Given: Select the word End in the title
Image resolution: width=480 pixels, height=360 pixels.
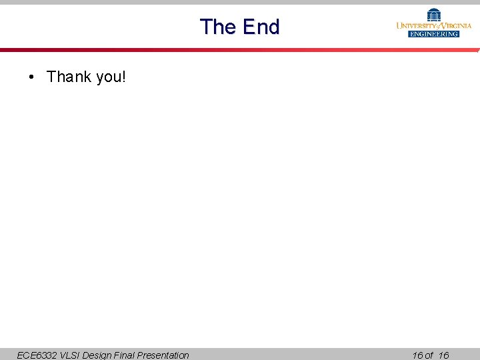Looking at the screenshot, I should tap(261, 27).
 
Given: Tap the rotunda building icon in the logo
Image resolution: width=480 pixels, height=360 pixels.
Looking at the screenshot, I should tap(434, 14).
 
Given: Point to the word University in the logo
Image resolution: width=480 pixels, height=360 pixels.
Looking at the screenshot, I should tap(417, 25).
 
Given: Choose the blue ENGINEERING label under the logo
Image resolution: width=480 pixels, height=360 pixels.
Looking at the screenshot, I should tap(434, 34).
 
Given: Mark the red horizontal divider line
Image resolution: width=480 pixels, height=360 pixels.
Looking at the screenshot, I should tap(240, 50).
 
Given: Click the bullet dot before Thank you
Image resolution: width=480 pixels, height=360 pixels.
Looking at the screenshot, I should tap(32, 77).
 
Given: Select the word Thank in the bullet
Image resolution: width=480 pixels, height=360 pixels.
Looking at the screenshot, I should tap(69, 77).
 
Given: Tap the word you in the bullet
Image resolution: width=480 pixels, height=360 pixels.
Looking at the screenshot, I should tap(108, 77).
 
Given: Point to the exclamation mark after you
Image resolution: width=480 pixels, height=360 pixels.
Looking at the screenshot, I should tap(123, 77).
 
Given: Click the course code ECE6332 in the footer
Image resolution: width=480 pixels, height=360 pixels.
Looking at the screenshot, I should tap(37, 355).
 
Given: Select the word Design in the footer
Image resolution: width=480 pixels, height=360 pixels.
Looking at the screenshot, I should tap(98, 355).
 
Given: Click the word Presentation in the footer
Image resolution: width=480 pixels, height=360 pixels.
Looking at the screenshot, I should tap(163, 355).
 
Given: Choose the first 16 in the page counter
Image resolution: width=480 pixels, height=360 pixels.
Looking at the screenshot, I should tap(417, 355).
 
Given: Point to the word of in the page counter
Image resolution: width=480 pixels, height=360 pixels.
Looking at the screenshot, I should tap(429, 355).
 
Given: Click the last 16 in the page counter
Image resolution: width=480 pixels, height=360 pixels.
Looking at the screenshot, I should tap(444, 355).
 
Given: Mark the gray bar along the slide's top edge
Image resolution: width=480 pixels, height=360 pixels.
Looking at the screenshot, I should tap(240, 2).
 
